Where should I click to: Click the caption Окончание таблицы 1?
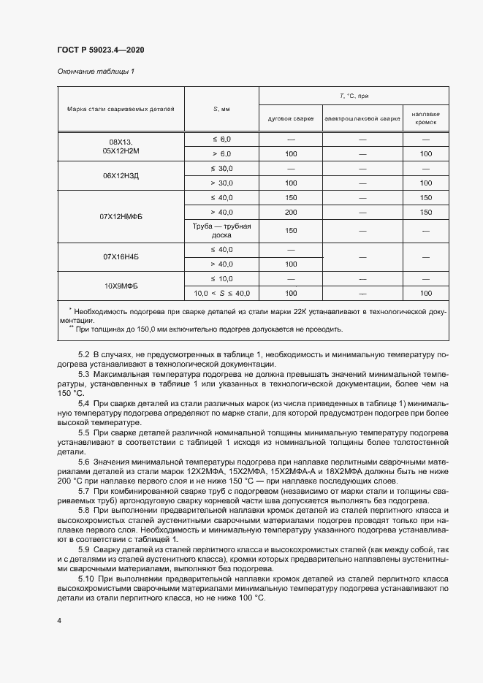(x=96, y=72)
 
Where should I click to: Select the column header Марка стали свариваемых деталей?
(x=121, y=109)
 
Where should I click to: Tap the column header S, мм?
(x=221, y=109)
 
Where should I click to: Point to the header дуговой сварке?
(x=291, y=118)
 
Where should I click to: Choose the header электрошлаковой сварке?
(x=362, y=118)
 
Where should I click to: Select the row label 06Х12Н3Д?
(x=121, y=176)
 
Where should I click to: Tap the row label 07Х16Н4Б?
(x=121, y=257)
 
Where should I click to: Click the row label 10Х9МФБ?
(x=121, y=286)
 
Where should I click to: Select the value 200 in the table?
(x=291, y=211)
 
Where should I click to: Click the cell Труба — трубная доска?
(x=221, y=231)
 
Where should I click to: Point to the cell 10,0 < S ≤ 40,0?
(x=221, y=293)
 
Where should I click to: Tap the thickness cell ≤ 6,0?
(x=221, y=139)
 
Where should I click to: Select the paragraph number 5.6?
(x=84, y=462)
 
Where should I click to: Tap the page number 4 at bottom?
(x=59, y=620)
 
